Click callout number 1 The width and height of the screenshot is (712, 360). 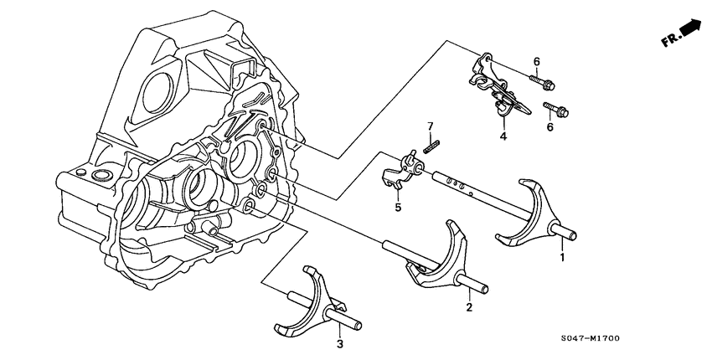[x=562, y=259]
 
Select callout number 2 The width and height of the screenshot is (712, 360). [x=469, y=308]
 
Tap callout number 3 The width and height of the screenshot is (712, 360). [x=340, y=344]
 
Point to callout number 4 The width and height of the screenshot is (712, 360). [x=503, y=136]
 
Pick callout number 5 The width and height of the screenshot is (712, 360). [x=399, y=208]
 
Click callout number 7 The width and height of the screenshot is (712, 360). [x=431, y=126]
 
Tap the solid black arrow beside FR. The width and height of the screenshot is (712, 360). [x=692, y=28]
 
